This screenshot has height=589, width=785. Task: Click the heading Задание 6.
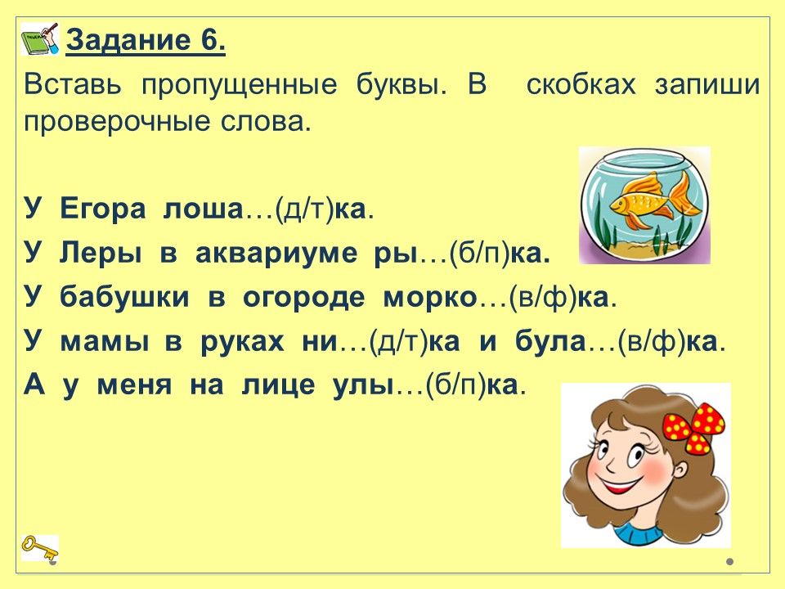(x=146, y=39)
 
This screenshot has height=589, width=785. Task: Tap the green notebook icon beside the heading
(x=40, y=38)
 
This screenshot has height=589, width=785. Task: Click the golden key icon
(x=39, y=547)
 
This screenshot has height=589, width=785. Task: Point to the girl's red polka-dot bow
(x=694, y=427)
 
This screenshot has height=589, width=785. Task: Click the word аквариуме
(x=276, y=254)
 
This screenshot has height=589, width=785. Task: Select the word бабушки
(x=124, y=298)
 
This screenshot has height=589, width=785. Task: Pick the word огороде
(x=304, y=298)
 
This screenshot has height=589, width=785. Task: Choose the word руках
(x=242, y=343)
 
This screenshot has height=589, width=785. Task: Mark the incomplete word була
(x=550, y=342)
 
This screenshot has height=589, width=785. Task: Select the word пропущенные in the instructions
(x=240, y=85)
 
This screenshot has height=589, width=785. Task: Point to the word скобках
(x=581, y=84)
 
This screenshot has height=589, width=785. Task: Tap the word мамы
(x=105, y=343)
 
